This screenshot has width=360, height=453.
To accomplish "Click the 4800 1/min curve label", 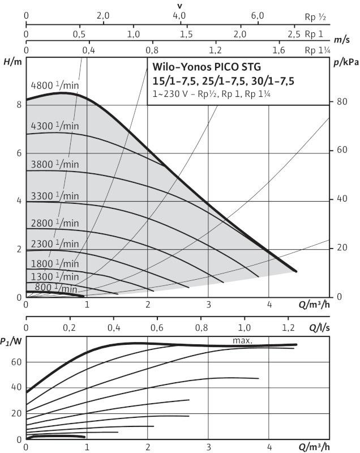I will coord(54,86).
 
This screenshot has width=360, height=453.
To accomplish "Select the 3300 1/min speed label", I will coord(54,196).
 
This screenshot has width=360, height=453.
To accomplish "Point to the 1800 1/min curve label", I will coord(54,263).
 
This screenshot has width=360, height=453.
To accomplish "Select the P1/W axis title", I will coord(11,341).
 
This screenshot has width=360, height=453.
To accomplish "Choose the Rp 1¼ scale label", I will coord(317,50).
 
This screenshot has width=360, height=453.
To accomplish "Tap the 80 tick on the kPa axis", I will coord(341,102).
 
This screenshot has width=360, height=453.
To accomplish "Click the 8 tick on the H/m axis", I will coord(19,105).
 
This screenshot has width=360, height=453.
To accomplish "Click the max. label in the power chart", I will coord(242,341).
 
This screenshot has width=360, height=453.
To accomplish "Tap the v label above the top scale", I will coord(180,5).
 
